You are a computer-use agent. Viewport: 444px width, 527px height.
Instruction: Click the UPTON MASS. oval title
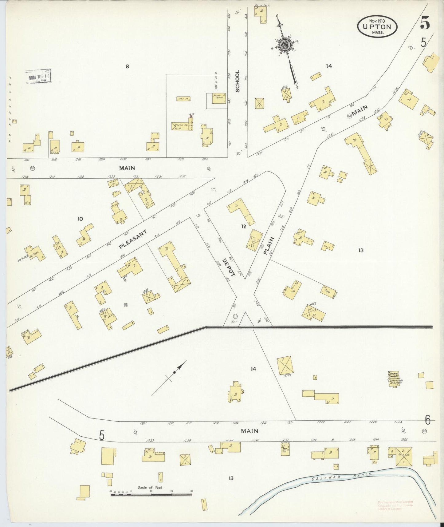377,27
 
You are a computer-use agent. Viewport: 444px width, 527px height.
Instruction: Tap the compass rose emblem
285,46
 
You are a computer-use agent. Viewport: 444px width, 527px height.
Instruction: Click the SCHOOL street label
237,81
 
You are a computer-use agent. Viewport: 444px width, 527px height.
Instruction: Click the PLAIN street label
268,245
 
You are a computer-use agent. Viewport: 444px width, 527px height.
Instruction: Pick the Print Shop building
219,98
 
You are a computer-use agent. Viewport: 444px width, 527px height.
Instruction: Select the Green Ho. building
182,126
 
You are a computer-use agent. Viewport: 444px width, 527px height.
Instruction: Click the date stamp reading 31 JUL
39,76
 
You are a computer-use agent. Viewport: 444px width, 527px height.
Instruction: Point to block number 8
127,66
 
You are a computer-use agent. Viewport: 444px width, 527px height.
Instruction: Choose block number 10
80,219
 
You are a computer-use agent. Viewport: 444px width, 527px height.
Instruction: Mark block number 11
126,305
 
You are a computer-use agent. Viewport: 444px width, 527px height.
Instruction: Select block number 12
244,227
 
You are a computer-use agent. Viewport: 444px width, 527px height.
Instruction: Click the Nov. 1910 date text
377,21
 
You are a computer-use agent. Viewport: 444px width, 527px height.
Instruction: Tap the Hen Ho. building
184,99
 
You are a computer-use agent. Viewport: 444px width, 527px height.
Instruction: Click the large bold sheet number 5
425,23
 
